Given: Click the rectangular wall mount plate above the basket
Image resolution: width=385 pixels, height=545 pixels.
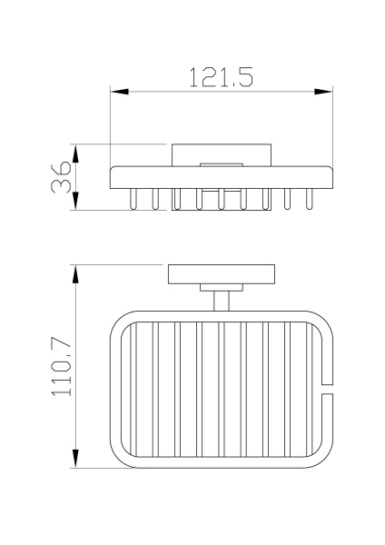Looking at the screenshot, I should [219, 275].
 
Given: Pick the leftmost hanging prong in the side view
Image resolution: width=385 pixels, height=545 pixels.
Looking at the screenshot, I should [134, 197].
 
